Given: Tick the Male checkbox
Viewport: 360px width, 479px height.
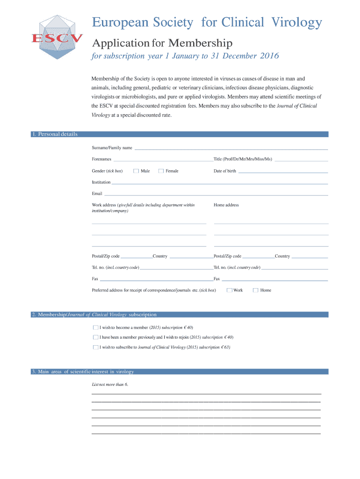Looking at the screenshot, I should (136, 171).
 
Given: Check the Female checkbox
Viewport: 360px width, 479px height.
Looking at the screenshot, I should (161, 171).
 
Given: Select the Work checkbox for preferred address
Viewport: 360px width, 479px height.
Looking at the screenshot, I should (230, 290).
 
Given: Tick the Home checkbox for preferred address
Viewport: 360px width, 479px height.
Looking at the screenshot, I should (256, 290).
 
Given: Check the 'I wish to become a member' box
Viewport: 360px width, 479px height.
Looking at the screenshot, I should (96, 327).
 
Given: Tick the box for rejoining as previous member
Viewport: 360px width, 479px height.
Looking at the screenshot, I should (96, 337).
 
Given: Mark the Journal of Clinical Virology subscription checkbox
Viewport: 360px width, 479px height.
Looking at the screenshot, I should (96, 348).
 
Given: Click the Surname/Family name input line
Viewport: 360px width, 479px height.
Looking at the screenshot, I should (231, 148).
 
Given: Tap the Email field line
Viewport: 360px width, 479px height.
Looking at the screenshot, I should (216, 194).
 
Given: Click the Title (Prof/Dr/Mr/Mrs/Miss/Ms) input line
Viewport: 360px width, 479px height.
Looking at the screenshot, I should (301, 160).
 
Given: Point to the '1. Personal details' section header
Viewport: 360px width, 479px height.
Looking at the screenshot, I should (54, 134).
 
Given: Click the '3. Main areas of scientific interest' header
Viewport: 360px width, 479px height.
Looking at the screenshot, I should (83, 372).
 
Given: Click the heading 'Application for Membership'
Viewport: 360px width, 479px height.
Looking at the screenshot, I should (162, 44).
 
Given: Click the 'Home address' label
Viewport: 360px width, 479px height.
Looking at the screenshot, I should (226, 205).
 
